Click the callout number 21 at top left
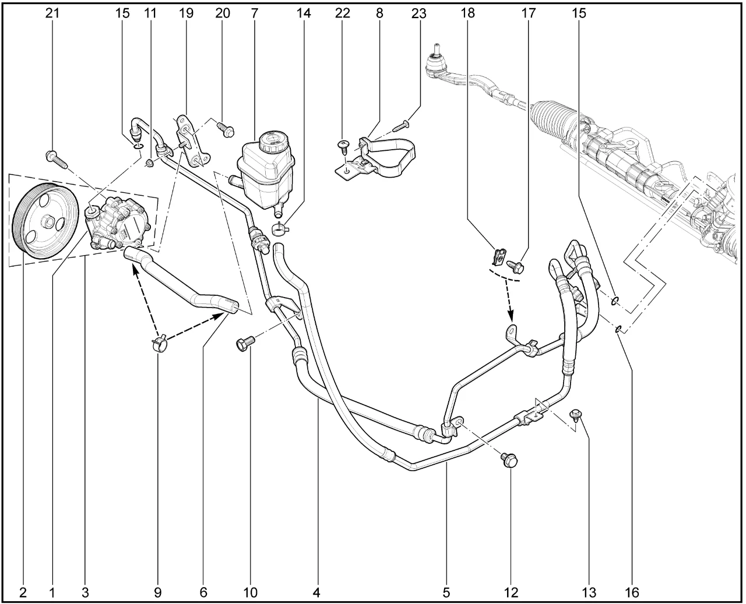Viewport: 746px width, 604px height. click(52, 13)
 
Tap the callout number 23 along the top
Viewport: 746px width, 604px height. click(419, 13)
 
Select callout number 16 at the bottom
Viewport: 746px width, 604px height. click(632, 592)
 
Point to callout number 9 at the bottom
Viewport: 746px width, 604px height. click(157, 592)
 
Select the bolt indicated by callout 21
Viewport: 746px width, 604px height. click(56, 160)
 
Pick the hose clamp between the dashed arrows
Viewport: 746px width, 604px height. click(159, 342)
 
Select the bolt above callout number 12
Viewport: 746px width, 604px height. click(509, 460)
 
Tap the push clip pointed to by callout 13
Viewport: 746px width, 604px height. click(576, 414)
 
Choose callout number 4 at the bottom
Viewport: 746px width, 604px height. click(316, 592)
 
